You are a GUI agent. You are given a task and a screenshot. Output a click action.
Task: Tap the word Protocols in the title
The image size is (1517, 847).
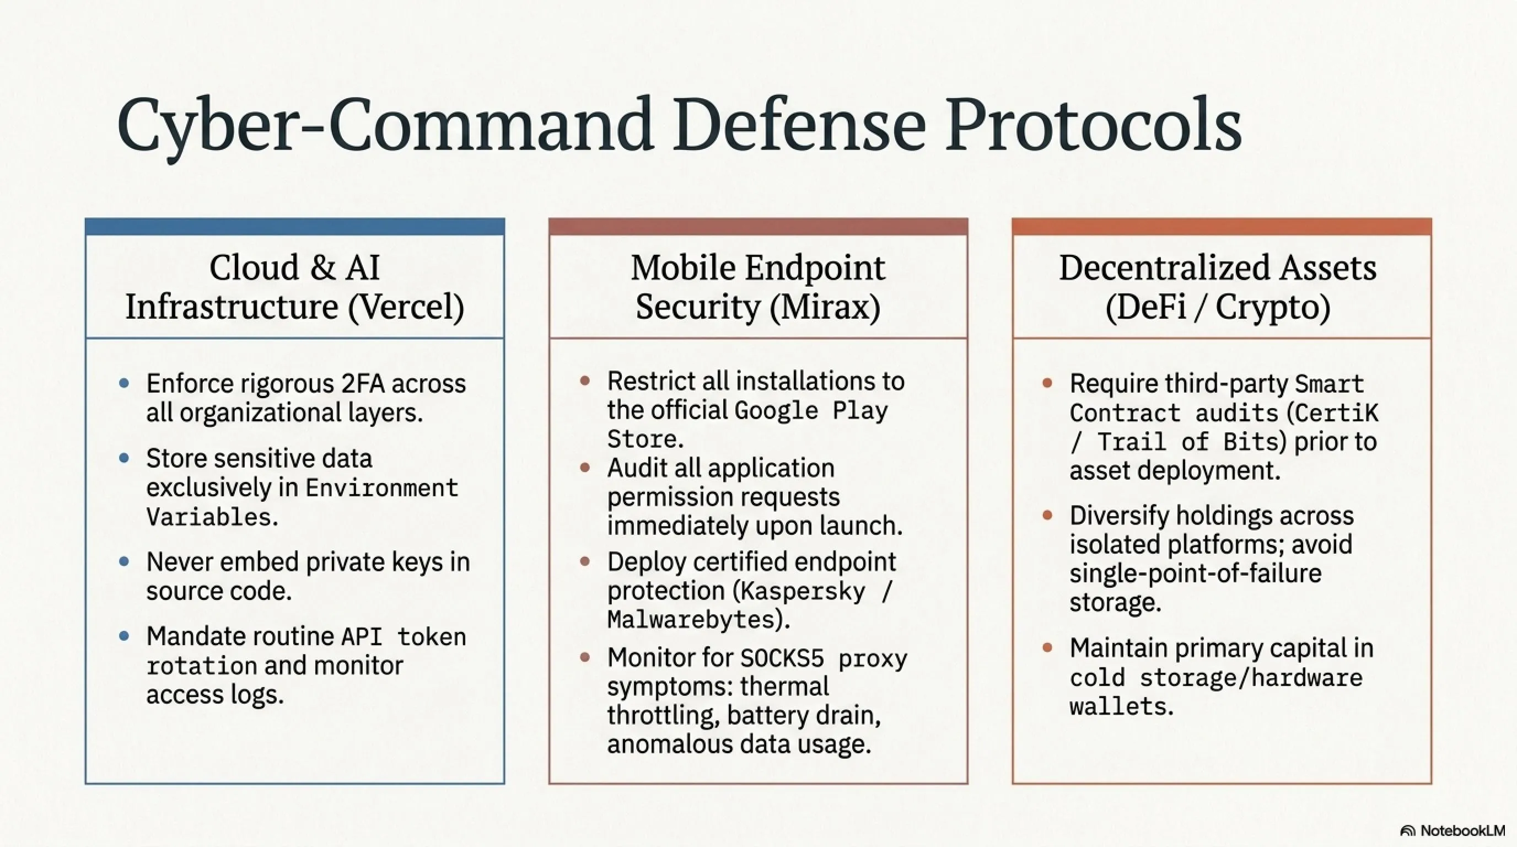point(1093,125)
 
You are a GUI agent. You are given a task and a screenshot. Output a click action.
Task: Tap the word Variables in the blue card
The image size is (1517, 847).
point(209,517)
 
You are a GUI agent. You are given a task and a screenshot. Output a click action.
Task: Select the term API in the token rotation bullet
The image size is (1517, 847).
point(362,637)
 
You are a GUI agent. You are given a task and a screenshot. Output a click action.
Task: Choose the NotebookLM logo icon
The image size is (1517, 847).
point(1408,831)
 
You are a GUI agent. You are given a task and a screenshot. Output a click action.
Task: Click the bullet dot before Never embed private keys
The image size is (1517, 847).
point(123,561)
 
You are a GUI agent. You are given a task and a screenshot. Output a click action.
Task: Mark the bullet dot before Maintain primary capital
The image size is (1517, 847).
point(1047,648)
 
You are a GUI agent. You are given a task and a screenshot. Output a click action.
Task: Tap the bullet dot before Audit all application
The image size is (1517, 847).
point(585,468)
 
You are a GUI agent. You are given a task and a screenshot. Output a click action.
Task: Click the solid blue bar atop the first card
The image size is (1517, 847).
point(294,227)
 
